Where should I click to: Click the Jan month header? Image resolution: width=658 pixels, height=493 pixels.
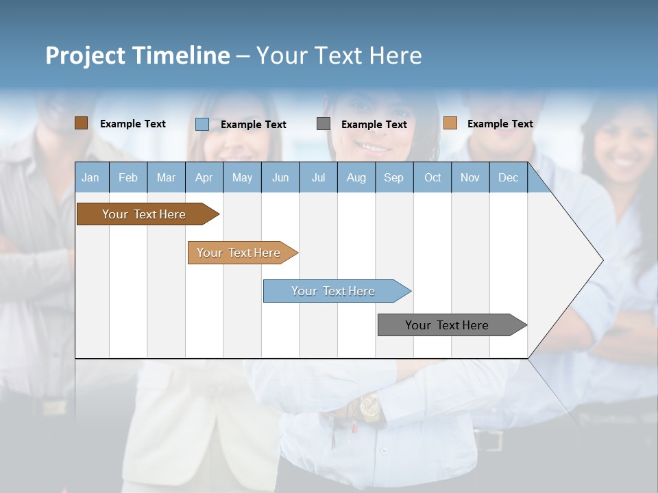(x=90, y=178)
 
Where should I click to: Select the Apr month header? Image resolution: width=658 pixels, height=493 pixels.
(x=204, y=178)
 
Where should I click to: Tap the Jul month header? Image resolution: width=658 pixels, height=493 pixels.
(x=318, y=178)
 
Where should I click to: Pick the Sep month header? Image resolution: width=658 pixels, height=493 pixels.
(x=393, y=178)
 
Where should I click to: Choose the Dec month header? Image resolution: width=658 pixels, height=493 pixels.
(x=508, y=178)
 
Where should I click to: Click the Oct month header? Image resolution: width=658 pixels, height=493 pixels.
(x=432, y=178)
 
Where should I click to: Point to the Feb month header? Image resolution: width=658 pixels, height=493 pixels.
(x=128, y=178)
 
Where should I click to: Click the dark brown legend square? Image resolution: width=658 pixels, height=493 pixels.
(x=81, y=123)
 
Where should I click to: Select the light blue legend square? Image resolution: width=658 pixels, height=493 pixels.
(x=202, y=124)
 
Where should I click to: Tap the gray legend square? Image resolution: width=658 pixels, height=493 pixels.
(x=324, y=124)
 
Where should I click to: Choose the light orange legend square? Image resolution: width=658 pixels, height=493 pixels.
(x=450, y=123)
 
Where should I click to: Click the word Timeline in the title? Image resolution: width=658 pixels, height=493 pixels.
(x=180, y=55)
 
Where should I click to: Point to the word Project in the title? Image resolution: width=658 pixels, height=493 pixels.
(x=85, y=55)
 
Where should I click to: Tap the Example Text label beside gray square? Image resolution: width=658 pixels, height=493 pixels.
(x=374, y=125)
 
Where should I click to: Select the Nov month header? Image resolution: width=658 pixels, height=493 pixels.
(x=470, y=178)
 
